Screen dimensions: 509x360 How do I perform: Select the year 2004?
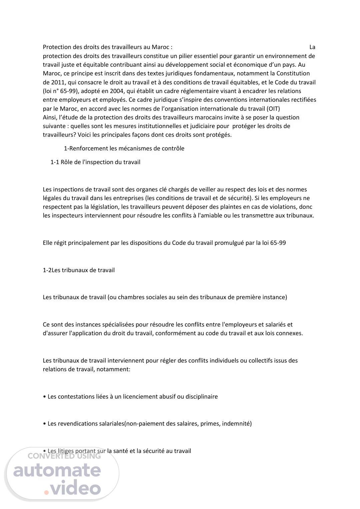click(x=120, y=91)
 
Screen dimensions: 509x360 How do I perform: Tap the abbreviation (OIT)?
click(x=273, y=109)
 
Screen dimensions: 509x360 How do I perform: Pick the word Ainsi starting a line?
click(x=50, y=117)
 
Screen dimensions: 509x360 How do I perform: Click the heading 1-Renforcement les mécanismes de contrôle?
click(x=124, y=148)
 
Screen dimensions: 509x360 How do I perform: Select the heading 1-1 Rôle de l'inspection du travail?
click(x=95, y=162)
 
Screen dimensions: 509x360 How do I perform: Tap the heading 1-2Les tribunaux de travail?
click(x=79, y=270)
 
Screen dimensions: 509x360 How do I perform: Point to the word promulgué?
click(x=229, y=243)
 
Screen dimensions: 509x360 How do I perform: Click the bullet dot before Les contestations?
click(x=45, y=397)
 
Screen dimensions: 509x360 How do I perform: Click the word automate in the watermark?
click(x=57, y=470)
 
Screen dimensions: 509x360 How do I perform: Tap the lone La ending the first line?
click(x=312, y=47)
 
